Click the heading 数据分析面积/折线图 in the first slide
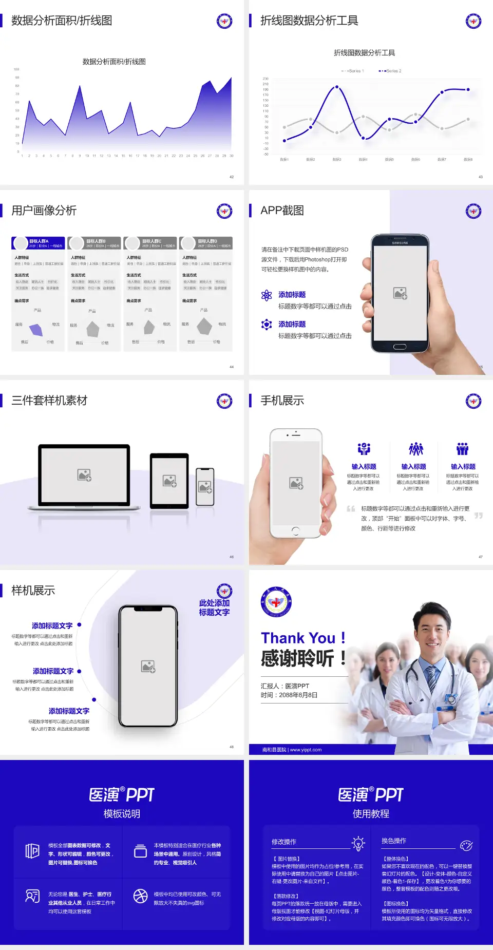[62, 21]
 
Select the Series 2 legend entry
[391, 71]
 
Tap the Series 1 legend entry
[353, 71]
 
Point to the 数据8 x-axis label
[468, 160]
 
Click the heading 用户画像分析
[44, 211]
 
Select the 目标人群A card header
[39, 243]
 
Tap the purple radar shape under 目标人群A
[36, 329]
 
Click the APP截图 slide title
[282, 211]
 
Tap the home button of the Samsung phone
[400, 347]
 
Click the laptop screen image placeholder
[84, 475]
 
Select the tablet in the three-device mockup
[169, 481]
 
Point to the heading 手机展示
[282, 401]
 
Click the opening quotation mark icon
[351, 509]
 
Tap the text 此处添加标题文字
[214, 607]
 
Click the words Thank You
[298, 638]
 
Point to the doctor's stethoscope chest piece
[451, 699]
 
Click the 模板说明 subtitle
[122, 814]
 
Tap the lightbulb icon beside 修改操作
[358, 843]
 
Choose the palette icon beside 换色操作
[466, 845]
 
